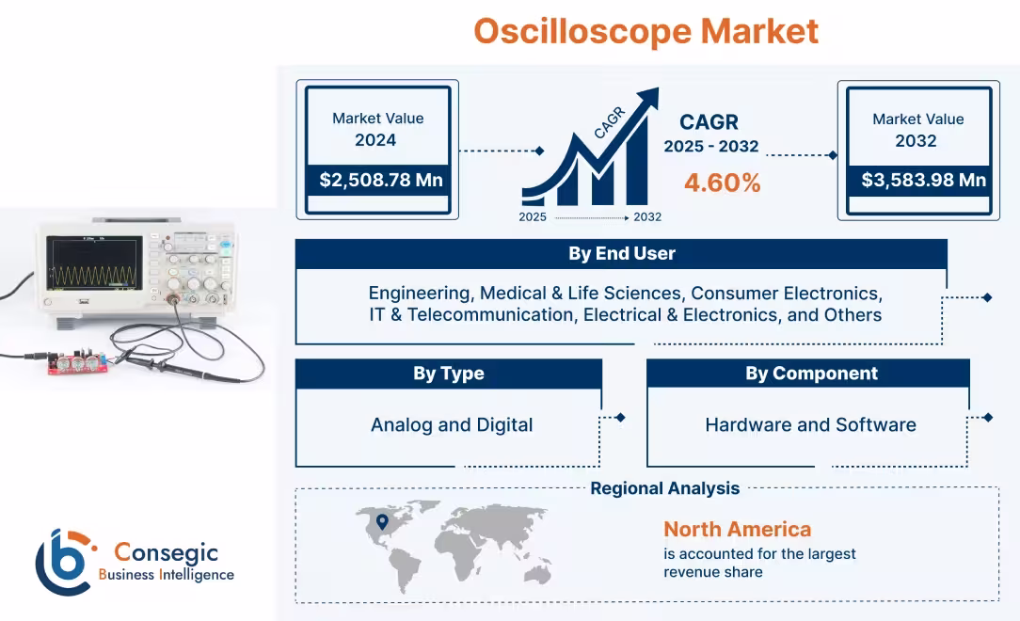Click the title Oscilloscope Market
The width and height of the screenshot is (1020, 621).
click(x=645, y=31)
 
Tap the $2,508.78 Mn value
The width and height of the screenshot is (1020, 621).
click(x=380, y=180)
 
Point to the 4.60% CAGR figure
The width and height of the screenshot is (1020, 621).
click(x=722, y=183)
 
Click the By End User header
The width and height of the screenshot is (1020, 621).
click(x=621, y=254)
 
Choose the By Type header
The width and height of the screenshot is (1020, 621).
click(x=449, y=374)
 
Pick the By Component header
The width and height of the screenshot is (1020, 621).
click(x=811, y=374)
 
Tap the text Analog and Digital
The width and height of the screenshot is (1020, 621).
click(x=452, y=424)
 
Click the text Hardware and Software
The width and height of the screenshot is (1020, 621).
click(x=810, y=424)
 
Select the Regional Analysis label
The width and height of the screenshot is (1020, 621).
click(x=664, y=488)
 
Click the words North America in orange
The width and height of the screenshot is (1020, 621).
click(x=737, y=529)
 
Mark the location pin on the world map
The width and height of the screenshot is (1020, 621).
click(x=382, y=522)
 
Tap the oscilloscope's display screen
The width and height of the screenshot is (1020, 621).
click(x=94, y=262)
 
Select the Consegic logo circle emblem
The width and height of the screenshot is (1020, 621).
click(x=64, y=562)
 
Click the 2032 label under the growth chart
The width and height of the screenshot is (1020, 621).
click(x=647, y=217)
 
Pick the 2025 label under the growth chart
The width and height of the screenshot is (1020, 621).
click(x=534, y=217)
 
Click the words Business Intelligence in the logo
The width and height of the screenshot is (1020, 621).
click(x=166, y=575)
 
